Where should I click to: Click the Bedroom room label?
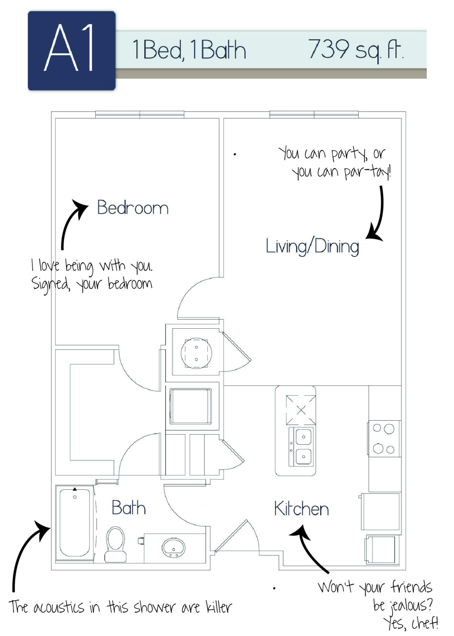133,208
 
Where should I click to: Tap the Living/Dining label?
312,247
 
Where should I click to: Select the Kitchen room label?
301,509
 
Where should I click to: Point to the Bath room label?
129,508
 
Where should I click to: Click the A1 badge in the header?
72,51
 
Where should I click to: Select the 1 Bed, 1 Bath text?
189,50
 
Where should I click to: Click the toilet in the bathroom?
115,543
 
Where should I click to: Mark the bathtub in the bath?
74,523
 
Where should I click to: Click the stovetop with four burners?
384,438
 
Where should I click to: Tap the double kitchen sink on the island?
302,447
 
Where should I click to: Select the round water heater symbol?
196,353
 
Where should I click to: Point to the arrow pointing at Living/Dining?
377,216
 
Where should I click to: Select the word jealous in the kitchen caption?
410,605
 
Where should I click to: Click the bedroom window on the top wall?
140,114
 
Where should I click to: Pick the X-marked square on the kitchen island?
301,410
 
